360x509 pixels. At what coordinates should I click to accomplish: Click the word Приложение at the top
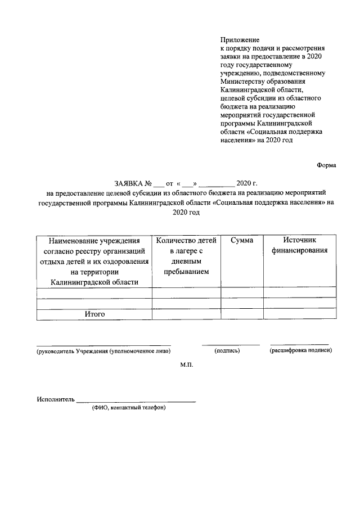pyautogui.click(x=240, y=40)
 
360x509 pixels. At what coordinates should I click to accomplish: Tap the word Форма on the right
pyautogui.click(x=326, y=165)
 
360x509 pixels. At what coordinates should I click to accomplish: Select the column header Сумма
pyautogui.click(x=242, y=240)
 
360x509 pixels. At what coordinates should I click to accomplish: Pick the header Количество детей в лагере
pyautogui.click(x=186, y=256)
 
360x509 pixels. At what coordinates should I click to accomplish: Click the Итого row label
pyautogui.click(x=94, y=314)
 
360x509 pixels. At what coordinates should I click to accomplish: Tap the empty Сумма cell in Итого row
pyautogui.click(x=242, y=314)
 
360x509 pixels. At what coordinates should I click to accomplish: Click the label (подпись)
pyautogui.click(x=227, y=351)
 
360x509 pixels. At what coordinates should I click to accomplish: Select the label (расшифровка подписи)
pyautogui.click(x=300, y=350)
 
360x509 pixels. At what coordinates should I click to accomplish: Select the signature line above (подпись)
pyautogui.click(x=231, y=344)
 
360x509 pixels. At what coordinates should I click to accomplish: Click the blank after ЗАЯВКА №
pyautogui.click(x=159, y=184)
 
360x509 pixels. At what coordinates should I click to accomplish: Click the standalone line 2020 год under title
pyautogui.click(x=186, y=213)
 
